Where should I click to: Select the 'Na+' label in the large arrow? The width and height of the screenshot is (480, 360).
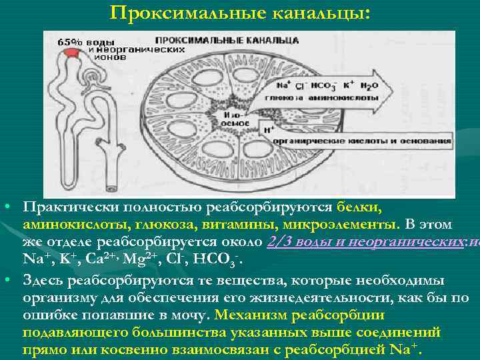[x=283, y=85]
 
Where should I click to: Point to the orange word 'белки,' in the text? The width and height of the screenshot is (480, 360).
[x=359, y=207]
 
